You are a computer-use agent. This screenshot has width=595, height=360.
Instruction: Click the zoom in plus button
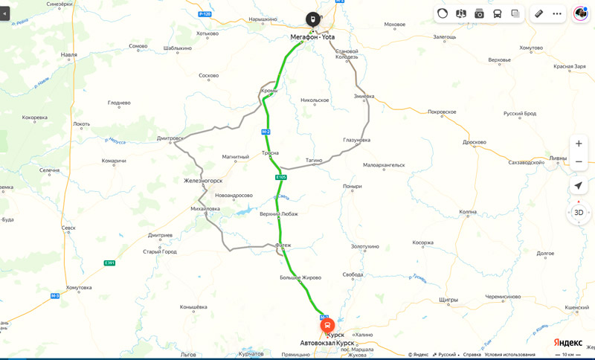pyautogui.click(x=579, y=144)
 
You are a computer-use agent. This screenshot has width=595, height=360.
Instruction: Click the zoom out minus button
pyautogui.click(x=579, y=161)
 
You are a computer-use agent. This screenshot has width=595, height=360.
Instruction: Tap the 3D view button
pyautogui.click(x=579, y=212)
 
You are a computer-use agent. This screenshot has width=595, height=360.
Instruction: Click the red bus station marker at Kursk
pyautogui.click(x=327, y=325)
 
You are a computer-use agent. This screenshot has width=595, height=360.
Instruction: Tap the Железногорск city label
pyautogui.click(x=203, y=181)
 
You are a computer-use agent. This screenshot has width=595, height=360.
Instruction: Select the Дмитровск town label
pyautogui.click(x=170, y=138)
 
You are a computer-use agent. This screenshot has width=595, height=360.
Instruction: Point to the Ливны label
pyautogui.click(x=557, y=158)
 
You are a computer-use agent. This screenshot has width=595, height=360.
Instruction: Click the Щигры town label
pyautogui.click(x=448, y=300)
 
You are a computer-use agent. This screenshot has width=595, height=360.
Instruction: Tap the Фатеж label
pyautogui.click(x=283, y=245)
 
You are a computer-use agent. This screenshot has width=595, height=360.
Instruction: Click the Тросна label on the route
pyautogui.click(x=271, y=153)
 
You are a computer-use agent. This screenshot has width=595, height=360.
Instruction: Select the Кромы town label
pyautogui.click(x=269, y=91)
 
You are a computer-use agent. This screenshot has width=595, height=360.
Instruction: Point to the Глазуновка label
pyautogui.click(x=356, y=140)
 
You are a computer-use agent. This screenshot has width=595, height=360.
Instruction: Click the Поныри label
pyautogui.click(x=352, y=187)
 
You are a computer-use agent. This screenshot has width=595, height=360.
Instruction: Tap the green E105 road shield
pyautogui.click(x=280, y=177)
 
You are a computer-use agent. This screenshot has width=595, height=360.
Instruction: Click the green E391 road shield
pyautogui.click(x=109, y=263)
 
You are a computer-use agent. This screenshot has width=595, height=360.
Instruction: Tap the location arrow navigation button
pyautogui.click(x=579, y=185)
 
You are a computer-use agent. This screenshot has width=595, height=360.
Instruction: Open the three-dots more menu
pyautogui.click(x=557, y=13)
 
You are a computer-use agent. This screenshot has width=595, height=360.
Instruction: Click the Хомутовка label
pyautogui.click(x=79, y=288)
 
